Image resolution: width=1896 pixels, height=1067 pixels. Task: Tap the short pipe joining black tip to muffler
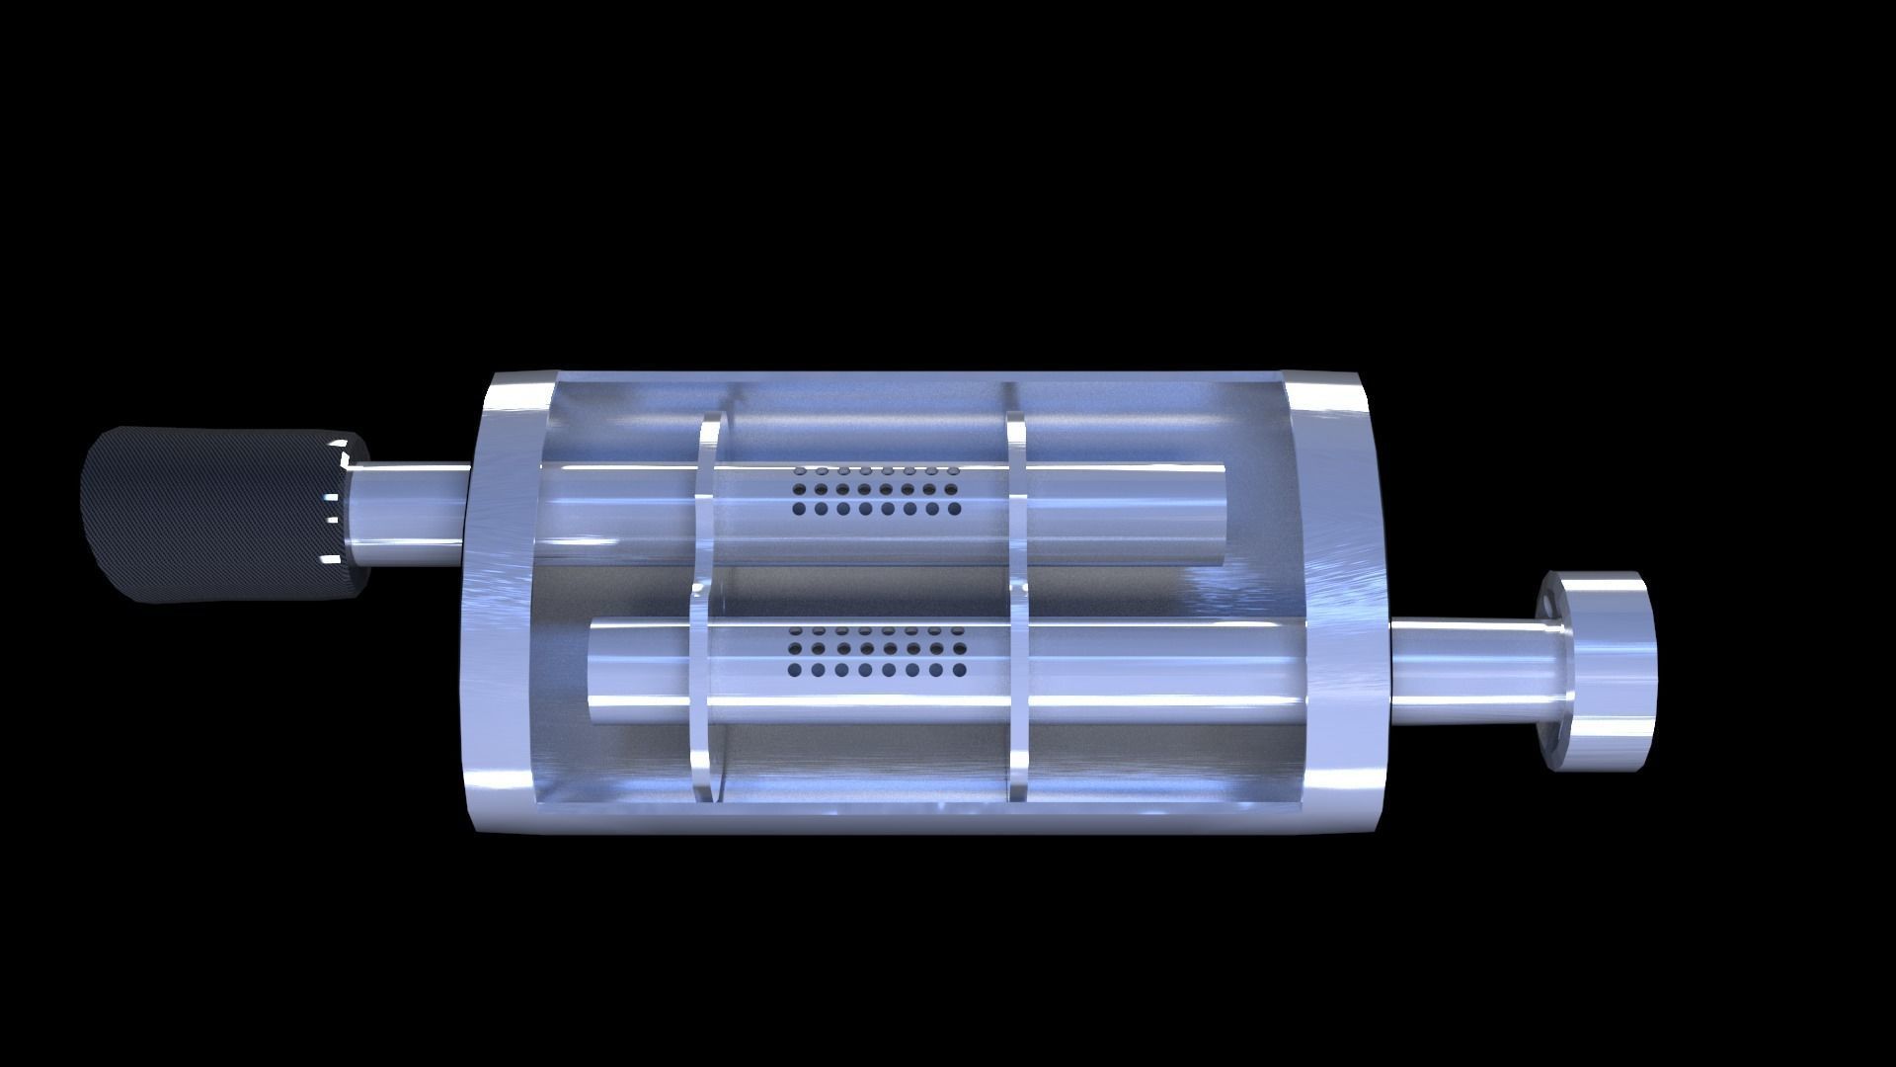coord(410,514)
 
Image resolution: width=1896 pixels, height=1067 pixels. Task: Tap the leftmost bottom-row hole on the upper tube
coord(799,510)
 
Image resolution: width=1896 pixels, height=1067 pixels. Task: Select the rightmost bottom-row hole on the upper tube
coord(954,510)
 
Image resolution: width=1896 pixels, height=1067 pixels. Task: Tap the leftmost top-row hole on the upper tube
coord(798,471)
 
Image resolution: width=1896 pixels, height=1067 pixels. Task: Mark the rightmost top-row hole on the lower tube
coord(956,629)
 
